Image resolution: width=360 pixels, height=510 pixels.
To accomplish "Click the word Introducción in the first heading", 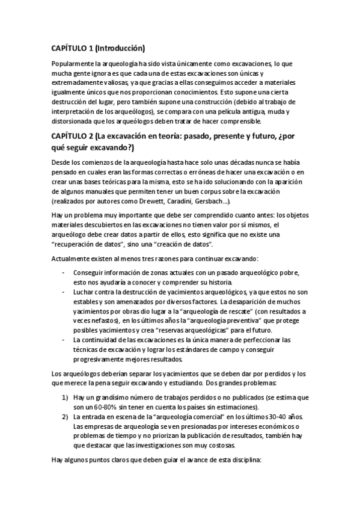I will [118, 48].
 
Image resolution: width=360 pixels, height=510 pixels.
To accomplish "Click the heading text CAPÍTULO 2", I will [75, 137].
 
